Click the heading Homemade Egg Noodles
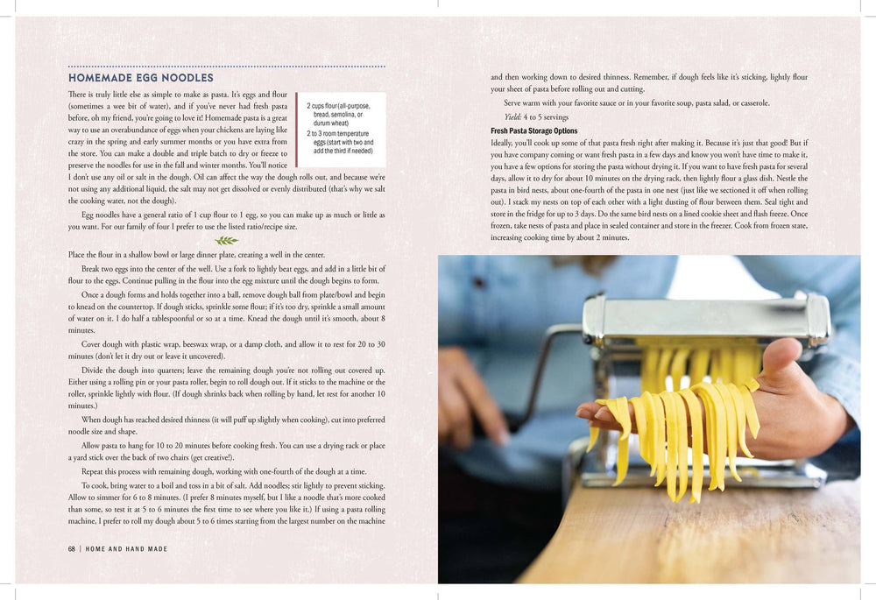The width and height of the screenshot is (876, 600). (141, 78)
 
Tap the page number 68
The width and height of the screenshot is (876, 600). (72, 549)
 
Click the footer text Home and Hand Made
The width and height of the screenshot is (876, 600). (126, 549)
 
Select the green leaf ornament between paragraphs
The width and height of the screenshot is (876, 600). (226, 240)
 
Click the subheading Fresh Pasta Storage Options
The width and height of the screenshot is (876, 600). (534, 131)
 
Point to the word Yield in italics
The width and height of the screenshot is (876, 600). (512, 117)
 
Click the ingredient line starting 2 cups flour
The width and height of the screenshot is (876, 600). (338, 114)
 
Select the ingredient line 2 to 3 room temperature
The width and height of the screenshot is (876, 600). (340, 142)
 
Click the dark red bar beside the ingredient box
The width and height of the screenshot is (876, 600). (297, 130)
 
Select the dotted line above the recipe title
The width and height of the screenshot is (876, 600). (226, 67)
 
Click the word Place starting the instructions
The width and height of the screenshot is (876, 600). (76, 255)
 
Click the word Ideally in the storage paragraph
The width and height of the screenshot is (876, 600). (502, 143)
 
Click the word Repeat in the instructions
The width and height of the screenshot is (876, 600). (92, 471)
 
